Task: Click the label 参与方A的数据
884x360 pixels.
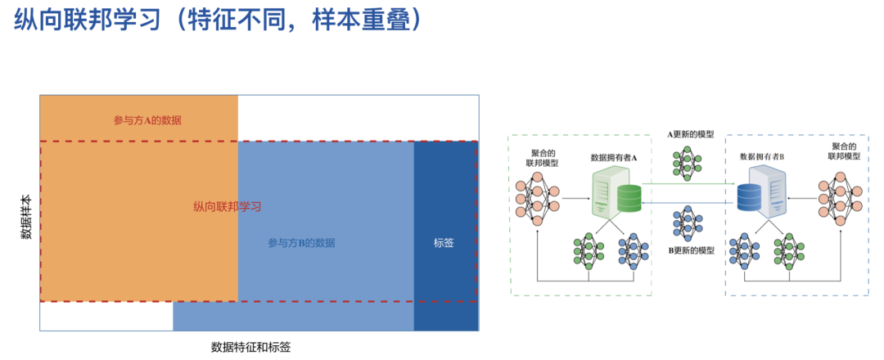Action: [x=147, y=120]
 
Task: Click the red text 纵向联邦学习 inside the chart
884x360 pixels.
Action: [x=227, y=207]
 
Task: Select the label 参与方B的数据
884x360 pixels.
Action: [x=301, y=243]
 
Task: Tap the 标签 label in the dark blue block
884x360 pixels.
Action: [x=444, y=243]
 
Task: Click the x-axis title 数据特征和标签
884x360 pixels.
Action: [x=250, y=347]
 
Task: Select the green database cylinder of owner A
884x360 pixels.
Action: [x=629, y=199]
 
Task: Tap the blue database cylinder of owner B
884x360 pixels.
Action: [x=749, y=198]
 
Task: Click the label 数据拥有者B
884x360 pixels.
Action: [x=762, y=156]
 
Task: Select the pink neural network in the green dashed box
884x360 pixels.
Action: [x=538, y=198]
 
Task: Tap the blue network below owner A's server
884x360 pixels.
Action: [x=634, y=250]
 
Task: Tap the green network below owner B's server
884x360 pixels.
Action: [x=788, y=250]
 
